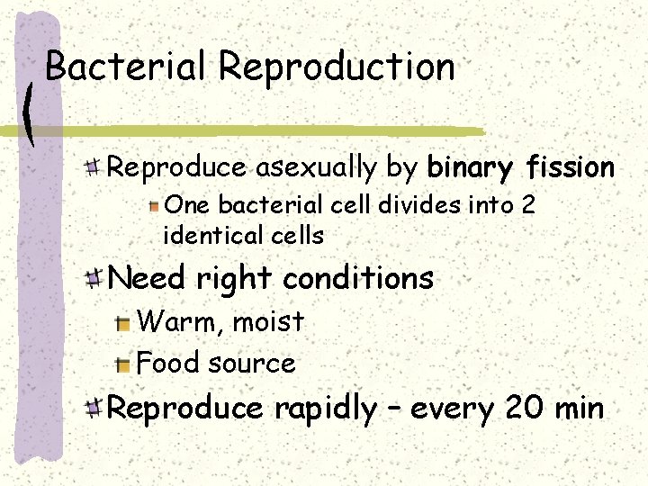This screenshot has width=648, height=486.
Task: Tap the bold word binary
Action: click(469, 168)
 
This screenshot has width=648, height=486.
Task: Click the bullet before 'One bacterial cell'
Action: click(155, 206)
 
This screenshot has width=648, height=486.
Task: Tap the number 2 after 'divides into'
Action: click(528, 205)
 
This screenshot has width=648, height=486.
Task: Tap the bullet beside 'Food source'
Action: click(123, 364)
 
